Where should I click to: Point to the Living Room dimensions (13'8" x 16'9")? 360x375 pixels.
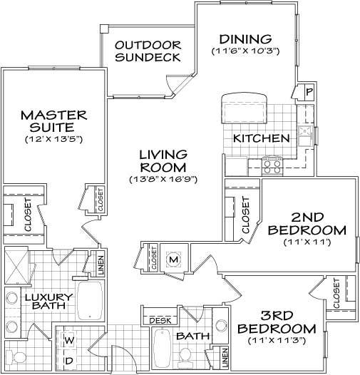click(x=163, y=178)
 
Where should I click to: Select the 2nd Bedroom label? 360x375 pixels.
click(x=309, y=224)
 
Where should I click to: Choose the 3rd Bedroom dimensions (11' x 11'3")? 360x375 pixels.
click(x=277, y=339)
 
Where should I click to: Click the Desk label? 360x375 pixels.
click(x=160, y=321)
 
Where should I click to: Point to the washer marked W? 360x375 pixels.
click(x=69, y=340)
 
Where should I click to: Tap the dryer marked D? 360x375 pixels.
click(x=69, y=361)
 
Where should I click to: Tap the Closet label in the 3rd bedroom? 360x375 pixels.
click(x=336, y=295)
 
